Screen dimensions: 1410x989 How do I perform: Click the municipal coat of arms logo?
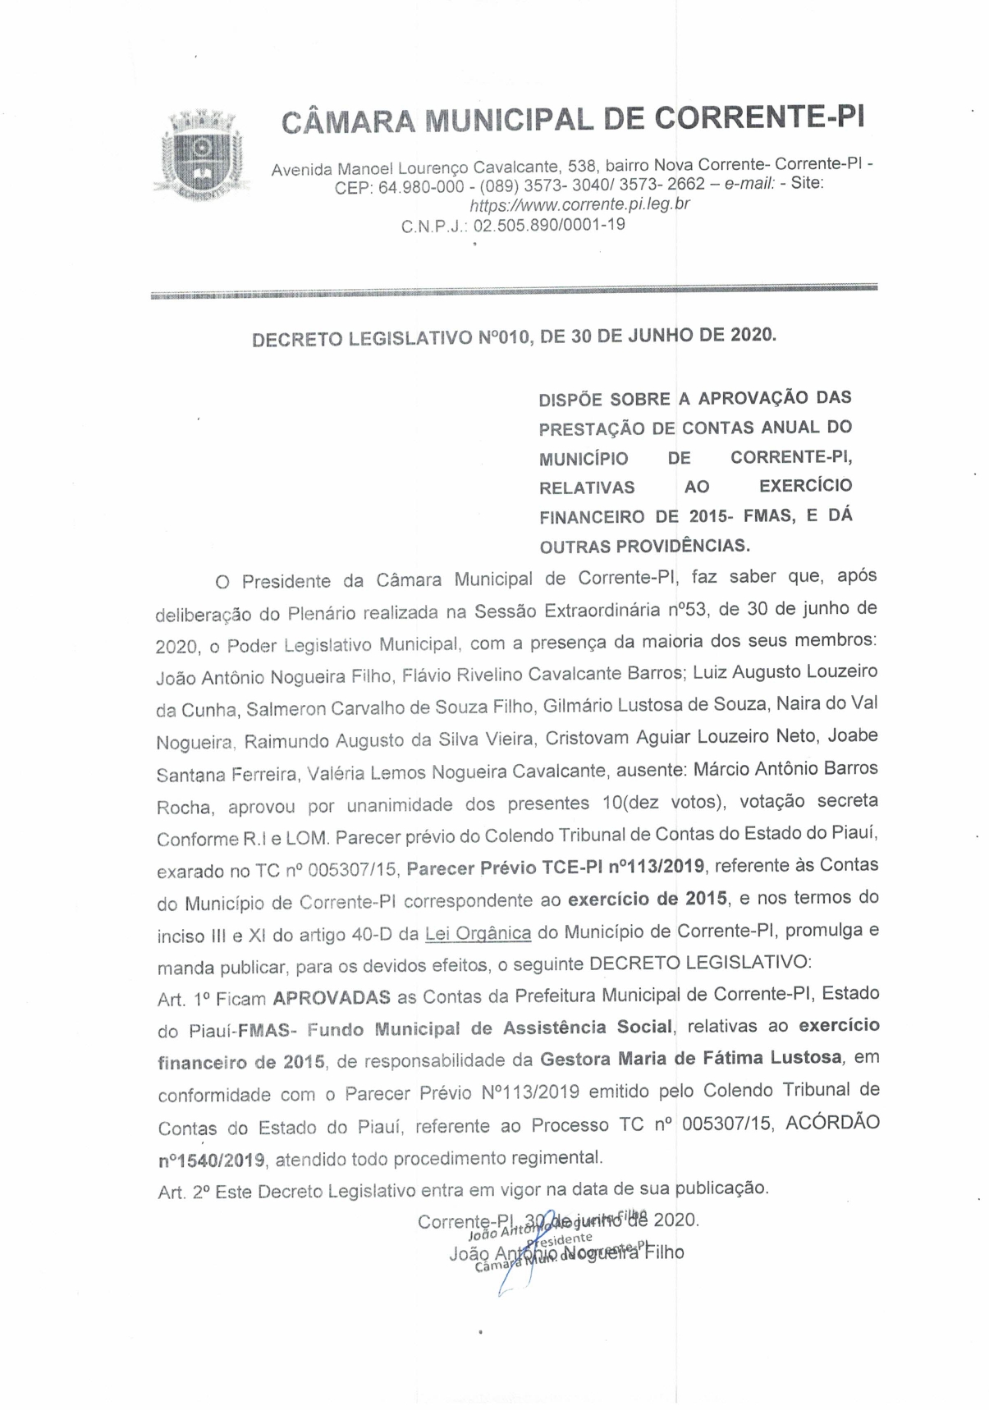200,155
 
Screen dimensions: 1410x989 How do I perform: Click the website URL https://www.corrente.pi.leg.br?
579,204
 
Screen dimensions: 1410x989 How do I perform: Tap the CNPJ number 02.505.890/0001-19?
549,224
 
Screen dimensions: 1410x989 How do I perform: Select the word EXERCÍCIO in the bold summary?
805,486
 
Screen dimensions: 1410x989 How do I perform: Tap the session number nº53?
689,610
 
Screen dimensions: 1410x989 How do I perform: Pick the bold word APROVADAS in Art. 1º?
332,998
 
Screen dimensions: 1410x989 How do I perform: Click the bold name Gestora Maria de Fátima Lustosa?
690,1059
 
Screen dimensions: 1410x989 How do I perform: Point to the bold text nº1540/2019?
212,1160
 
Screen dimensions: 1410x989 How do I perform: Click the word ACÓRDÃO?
832,1123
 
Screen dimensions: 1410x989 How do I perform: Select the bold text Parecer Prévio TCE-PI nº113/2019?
556,868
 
